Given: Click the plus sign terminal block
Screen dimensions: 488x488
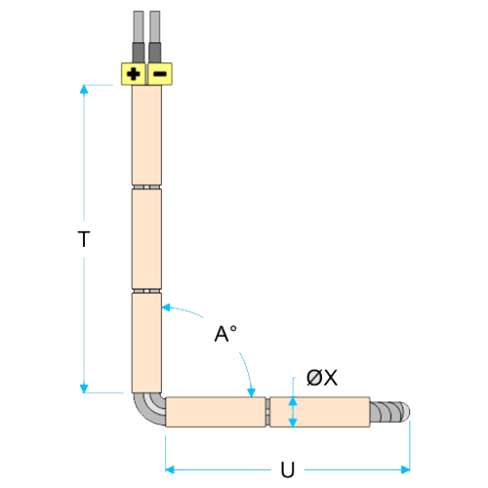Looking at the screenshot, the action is coord(134,74).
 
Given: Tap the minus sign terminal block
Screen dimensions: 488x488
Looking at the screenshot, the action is coord(160,74).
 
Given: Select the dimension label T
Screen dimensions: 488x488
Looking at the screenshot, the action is coord(84,239).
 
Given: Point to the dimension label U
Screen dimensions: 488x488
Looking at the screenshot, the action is coord(288,469).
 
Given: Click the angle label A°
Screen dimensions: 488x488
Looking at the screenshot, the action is coord(225,334).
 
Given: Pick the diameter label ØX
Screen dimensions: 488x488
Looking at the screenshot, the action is coord(322,378).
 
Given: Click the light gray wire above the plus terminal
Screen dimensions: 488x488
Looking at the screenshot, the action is coord(139,27).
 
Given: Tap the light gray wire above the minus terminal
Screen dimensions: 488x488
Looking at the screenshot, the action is coord(155,27).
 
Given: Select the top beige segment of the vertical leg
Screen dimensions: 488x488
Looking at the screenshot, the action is coord(146,135).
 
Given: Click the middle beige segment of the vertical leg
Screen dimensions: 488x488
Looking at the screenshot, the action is coord(146,239).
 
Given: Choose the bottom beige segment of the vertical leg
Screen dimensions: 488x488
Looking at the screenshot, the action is coord(146,343).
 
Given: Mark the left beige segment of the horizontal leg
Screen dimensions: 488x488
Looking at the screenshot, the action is coord(216,412).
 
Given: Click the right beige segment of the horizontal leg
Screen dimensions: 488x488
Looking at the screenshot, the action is coord(320,412).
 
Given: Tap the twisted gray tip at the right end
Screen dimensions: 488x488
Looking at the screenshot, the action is coord(390,412).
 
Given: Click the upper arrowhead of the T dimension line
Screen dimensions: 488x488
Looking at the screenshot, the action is coord(84,89).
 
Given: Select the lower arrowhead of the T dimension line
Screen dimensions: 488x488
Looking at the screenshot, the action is coord(84,388).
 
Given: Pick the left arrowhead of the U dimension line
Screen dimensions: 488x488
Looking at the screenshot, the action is coord(170,469).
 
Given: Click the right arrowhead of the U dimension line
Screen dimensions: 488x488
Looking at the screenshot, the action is coord(405,469).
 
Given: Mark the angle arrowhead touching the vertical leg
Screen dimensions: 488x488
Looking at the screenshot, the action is coord(166,307).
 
